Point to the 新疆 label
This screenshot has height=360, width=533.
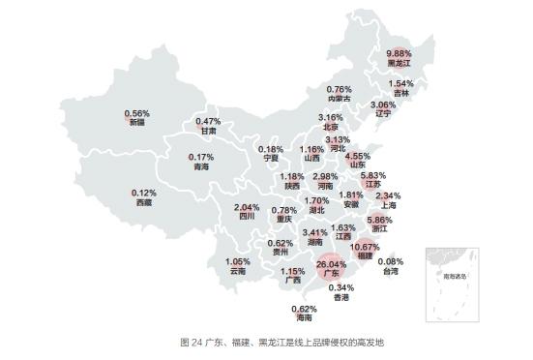click(x=137, y=122)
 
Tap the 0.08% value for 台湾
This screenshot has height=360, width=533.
click(x=390, y=261)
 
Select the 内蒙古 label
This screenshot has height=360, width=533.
click(x=339, y=98)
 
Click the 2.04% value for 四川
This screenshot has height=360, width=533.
click(x=247, y=208)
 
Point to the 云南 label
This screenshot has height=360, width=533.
click(x=238, y=271)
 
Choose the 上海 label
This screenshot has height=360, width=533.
click(x=388, y=204)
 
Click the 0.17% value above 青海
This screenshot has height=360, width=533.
click(x=201, y=157)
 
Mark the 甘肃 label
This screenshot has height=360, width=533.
click(x=209, y=131)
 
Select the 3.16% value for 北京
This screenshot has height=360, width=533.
click(x=332, y=117)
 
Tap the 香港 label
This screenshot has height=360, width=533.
click(x=341, y=297)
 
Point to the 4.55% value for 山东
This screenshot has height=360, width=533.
click(x=358, y=156)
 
